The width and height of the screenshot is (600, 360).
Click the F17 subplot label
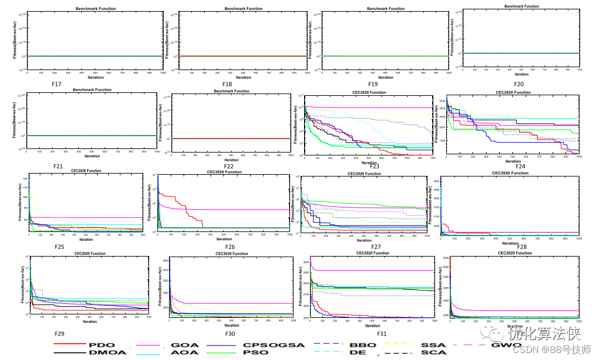57,84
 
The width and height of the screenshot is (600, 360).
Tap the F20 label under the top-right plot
519,84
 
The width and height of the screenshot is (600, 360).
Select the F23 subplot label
375,167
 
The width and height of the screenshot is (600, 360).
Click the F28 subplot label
522,248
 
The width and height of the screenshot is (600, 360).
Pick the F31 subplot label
382,334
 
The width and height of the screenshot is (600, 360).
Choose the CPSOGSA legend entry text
274,345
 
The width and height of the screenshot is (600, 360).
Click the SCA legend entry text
434,352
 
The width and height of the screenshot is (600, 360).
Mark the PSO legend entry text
256,352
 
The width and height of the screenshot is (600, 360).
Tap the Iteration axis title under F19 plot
385,78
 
